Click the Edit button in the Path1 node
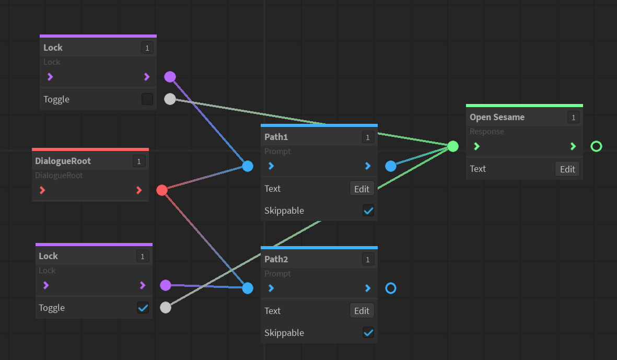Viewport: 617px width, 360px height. point(362,189)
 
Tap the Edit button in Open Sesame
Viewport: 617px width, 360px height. point(567,169)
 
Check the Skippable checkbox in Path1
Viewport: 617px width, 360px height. point(368,211)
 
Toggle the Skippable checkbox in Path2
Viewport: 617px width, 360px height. point(368,333)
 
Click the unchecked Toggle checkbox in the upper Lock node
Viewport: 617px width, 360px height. point(147,99)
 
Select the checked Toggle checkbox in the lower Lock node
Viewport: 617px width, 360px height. point(143,308)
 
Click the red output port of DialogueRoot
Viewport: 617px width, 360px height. point(162,190)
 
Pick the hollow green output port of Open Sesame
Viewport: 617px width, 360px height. point(596,146)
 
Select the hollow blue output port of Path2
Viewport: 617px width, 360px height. point(391,288)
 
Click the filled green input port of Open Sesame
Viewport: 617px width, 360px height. point(453,146)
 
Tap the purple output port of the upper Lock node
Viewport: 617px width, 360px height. point(170,77)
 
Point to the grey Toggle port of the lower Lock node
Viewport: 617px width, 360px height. point(166,308)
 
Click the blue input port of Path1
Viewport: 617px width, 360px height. point(248,166)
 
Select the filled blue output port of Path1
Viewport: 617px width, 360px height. point(391,166)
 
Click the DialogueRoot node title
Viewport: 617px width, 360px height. point(63,161)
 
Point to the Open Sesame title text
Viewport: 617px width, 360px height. point(497,117)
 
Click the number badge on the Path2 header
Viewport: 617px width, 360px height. point(368,260)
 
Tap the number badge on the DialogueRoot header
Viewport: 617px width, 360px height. point(139,161)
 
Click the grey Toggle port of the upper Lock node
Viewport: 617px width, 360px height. point(170,99)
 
